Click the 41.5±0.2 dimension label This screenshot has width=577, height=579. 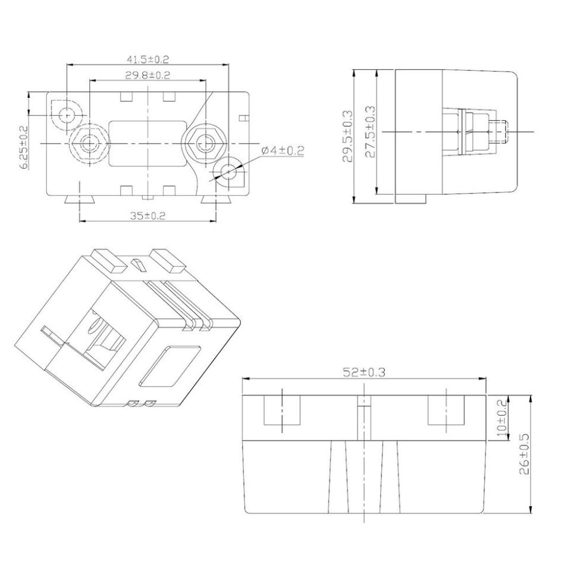(x=148, y=59)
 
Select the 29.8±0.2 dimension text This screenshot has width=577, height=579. (x=148, y=75)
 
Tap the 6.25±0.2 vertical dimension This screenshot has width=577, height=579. (x=24, y=147)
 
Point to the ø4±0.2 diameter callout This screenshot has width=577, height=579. (x=283, y=150)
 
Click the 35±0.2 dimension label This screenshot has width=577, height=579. (x=148, y=216)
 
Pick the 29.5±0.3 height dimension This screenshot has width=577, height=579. (x=347, y=136)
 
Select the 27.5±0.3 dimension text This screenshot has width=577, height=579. (x=370, y=132)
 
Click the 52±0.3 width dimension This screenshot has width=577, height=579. (x=364, y=372)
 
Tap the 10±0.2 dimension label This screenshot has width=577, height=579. (x=502, y=418)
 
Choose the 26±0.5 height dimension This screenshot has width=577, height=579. (x=524, y=454)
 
